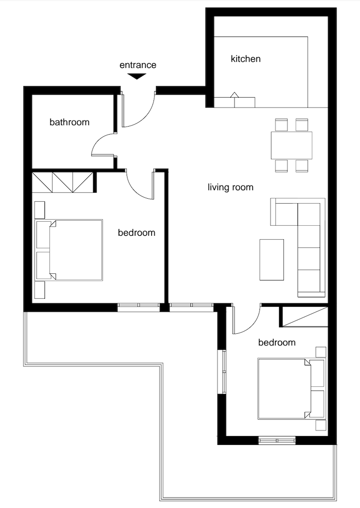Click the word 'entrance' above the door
138,65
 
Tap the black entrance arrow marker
136,77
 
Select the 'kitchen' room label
245,59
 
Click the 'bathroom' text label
69,122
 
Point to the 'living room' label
230,187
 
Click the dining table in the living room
291,146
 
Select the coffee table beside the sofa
271,260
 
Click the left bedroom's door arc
134,190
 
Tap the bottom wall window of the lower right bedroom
277,440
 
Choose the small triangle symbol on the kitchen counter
234,95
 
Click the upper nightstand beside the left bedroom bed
39,210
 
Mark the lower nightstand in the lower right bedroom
321,425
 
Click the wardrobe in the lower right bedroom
303,316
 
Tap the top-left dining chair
281,125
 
